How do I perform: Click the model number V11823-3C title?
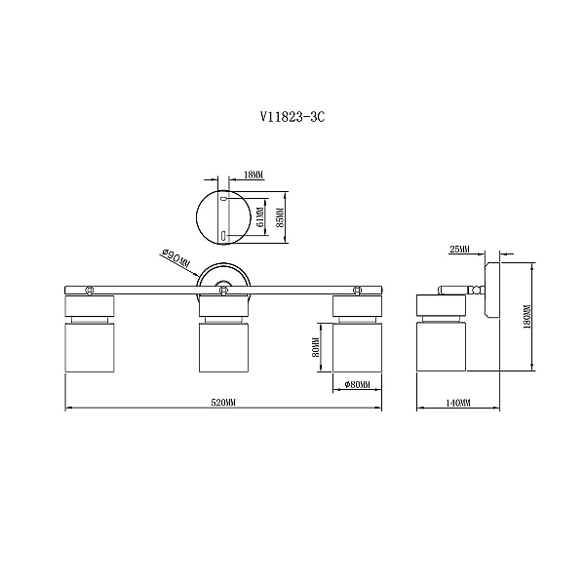(x=292, y=117)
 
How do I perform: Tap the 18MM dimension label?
(x=253, y=175)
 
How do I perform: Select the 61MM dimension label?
(x=260, y=216)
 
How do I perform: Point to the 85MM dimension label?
(x=281, y=216)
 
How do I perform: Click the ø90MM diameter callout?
(x=175, y=258)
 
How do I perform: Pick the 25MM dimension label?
(x=459, y=250)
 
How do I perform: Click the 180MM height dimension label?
(x=527, y=317)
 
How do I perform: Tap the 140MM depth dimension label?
(x=458, y=403)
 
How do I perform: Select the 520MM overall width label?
(x=224, y=403)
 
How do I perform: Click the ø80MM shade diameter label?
(x=358, y=384)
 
